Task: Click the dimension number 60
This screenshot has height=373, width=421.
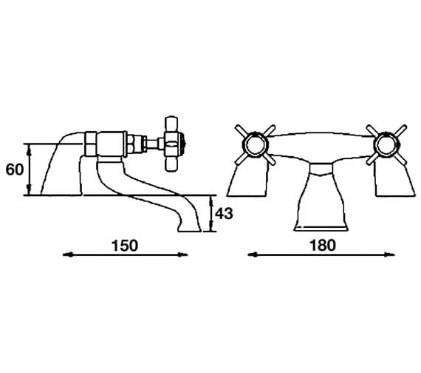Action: (15, 169)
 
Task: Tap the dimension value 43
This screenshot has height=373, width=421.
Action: (225, 214)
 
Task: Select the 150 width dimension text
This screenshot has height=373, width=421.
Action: (125, 246)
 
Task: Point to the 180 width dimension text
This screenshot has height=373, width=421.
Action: (323, 245)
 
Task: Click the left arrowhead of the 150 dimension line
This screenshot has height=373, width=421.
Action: (67, 255)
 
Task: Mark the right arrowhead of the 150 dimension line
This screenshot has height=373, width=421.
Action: (183, 255)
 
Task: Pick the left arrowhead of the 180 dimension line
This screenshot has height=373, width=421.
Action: (253, 255)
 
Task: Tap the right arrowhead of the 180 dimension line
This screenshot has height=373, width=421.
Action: (390, 255)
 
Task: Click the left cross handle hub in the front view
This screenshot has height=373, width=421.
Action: (256, 145)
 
